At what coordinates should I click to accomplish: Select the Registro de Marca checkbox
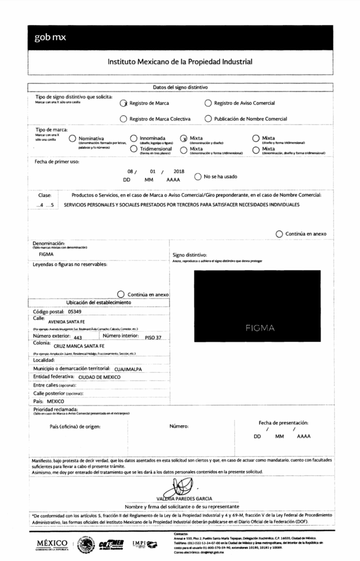123,103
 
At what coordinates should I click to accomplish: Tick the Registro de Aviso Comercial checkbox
208,103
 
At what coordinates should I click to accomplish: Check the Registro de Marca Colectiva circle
123,119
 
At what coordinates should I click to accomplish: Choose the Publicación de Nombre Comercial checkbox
208,119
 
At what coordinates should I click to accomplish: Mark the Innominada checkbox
134,138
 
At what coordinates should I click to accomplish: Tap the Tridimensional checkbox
134,149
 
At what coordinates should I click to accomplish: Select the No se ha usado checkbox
198,177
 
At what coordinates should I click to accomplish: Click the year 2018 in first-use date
178,171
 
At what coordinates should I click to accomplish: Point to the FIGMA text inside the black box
260,328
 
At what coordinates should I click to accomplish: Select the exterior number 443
78,338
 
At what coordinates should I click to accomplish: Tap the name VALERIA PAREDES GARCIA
185,498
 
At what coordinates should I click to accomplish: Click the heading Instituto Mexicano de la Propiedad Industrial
180,62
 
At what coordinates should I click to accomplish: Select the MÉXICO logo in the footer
52,544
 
